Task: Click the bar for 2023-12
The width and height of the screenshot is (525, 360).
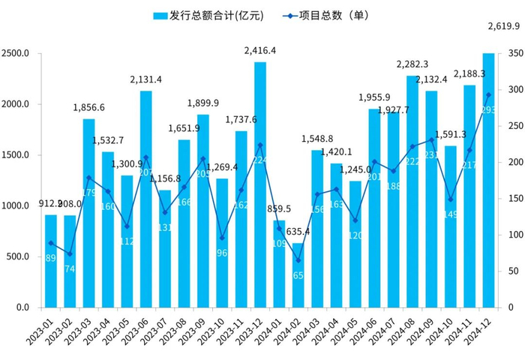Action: click(259, 184)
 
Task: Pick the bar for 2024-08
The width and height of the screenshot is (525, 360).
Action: click(412, 191)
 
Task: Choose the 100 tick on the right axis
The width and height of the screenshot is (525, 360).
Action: click(510, 235)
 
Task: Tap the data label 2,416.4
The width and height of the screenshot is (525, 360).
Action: click(260, 51)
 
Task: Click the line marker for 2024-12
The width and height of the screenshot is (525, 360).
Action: click(488, 95)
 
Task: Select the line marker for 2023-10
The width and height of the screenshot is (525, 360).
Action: click(222, 238)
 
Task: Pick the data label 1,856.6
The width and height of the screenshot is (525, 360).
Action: click(88, 108)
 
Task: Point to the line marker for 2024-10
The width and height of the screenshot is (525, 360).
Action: click(450, 199)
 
